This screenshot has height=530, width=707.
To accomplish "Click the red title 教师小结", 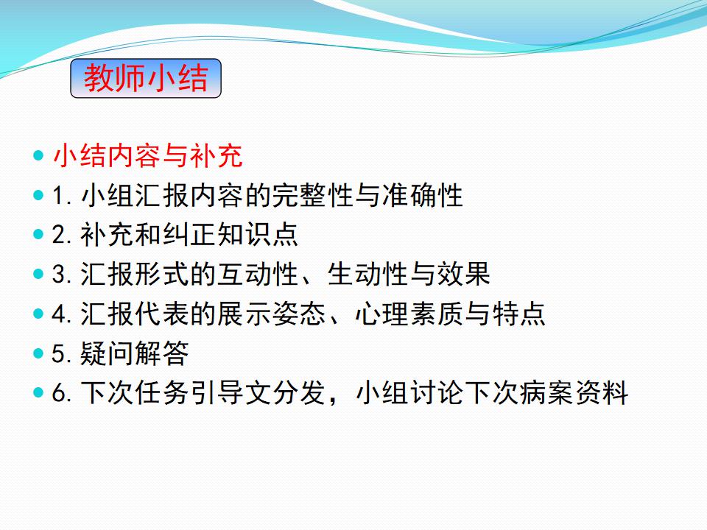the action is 146,78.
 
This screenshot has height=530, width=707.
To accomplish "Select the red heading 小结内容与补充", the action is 148,156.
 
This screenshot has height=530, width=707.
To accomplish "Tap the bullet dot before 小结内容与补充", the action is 38,155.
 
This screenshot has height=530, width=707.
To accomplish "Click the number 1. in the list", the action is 62,196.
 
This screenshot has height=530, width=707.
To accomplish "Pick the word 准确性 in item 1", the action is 423,195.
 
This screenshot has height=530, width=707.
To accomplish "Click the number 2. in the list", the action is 62,235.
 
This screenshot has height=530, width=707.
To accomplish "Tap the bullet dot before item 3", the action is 38,274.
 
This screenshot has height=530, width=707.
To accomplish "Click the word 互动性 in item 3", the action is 258,274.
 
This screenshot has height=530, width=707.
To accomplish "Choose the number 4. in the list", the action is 62,314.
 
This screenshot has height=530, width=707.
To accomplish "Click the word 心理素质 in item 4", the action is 409,314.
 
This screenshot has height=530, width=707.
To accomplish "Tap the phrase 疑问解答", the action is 134,353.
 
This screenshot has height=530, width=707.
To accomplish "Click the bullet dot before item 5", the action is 38,353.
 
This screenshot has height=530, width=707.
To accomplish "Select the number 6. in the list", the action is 62,392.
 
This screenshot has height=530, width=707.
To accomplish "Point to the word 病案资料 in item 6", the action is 574,392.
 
